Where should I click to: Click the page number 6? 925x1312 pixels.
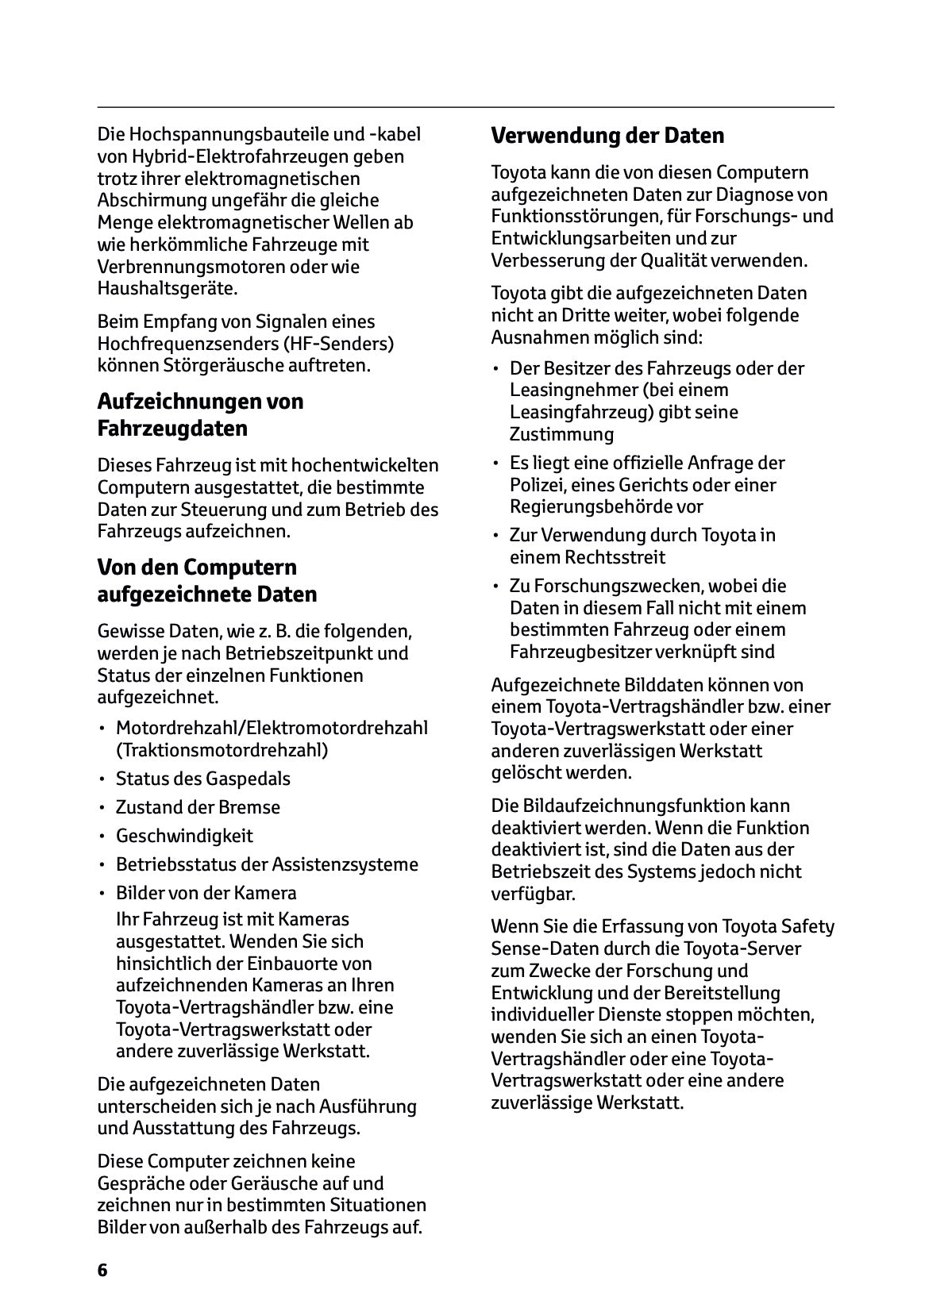pyautogui.click(x=102, y=1269)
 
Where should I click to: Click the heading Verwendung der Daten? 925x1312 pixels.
pyautogui.click(x=607, y=136)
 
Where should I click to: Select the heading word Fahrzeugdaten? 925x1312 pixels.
pyautogui.click(x=172, y=429)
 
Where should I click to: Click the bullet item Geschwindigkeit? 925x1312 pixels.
pyautogui.click(x=184, y=836)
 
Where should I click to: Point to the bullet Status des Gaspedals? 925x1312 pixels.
pyautogui.click(x=202, y=779)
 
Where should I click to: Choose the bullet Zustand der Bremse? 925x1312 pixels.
pyautogui.click(x=198, y=807)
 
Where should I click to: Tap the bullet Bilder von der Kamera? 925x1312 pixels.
pyautogui.click(x=206, y=893)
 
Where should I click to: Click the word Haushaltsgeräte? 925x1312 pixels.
pyautogui.click(x=167, y=288)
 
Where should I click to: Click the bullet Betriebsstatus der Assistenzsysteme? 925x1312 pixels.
pyautogui.click(x=267, y=864)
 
